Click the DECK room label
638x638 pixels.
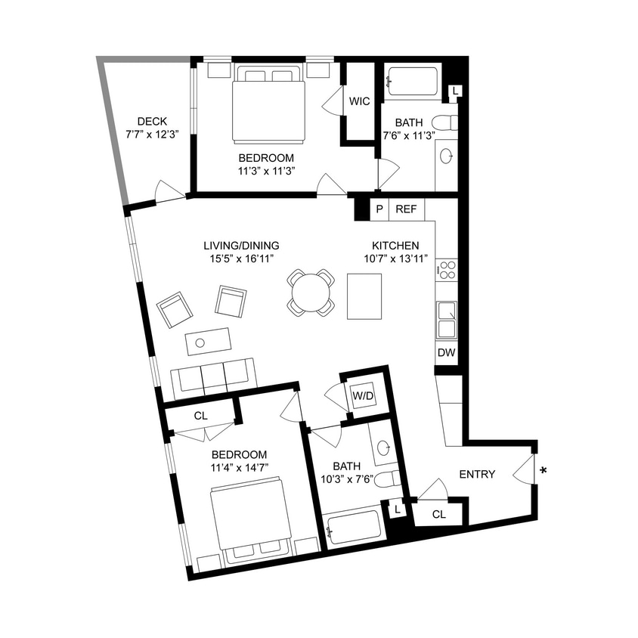click(x=152, y=122)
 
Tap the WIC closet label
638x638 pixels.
click(x=360, y=101)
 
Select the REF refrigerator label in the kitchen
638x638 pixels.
click(x=407, y=209)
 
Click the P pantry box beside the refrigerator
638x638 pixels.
click(x=379, y=209)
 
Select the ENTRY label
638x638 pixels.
click(x=478, y=475)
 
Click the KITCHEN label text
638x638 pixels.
click(x=395, y=246)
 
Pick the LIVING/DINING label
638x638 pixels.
click(x=242, y=246)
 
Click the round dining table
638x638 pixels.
click(x=311, y=291)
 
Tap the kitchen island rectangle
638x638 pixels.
click(x=364, y=296)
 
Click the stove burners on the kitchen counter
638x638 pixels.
click(x=447, y=269)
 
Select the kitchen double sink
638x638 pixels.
click(x=446, y=319)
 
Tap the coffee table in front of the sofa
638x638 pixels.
click(x=208, y=342)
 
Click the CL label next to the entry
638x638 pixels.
click(x=440, y=515)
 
